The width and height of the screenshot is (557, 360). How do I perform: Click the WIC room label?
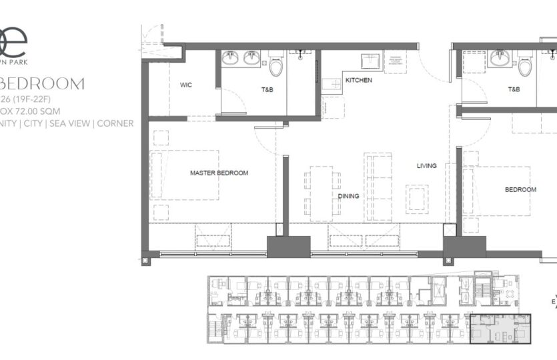186,85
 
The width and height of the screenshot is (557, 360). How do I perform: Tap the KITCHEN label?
358,81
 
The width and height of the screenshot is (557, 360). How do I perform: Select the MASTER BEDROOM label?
219,173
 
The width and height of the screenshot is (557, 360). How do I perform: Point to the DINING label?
348,196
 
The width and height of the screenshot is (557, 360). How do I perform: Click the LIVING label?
427,166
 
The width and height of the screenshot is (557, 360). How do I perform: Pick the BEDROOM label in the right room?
520,190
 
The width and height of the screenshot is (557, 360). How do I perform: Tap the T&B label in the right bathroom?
514,89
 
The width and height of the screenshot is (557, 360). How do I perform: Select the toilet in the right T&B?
526,63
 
